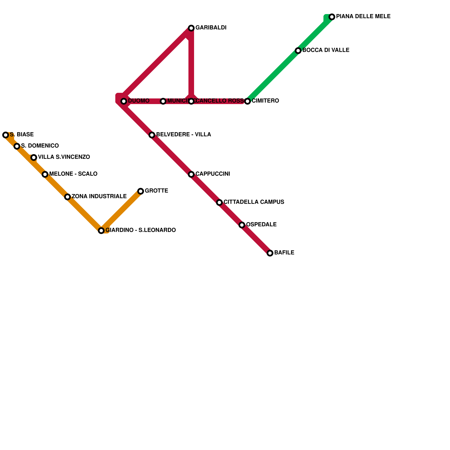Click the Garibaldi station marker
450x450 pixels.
[x=191, y=28]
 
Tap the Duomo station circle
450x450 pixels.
[x=124, y=101]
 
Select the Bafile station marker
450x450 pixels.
[x=270, y=253]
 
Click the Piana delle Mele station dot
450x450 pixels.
[x=332, y=17]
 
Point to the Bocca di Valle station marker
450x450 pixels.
[x=298, y=51]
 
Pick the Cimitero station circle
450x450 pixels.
[x=247, y=101]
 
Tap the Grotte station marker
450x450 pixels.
[x=141, y=191]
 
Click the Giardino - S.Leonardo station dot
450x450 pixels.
[x=101, y=231]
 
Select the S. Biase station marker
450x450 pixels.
[x=6, y=135]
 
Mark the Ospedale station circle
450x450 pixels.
[x=242, y=225]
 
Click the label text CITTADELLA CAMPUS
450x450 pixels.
[x=254, y=202]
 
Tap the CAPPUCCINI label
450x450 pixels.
[x=213, y=174]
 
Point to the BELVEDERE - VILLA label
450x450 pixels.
[x=183, y=135]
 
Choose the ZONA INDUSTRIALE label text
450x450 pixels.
[x=99, y=197]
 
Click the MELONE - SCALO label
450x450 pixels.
[x=73, y=174]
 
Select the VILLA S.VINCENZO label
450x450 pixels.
[x=64, y=157]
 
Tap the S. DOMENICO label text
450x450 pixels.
[x=40, y=146]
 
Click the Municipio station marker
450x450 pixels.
[x=163, y=101]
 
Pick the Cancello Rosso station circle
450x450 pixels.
[x=191, y=101]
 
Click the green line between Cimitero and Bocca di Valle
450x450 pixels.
[x=273, y=76]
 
